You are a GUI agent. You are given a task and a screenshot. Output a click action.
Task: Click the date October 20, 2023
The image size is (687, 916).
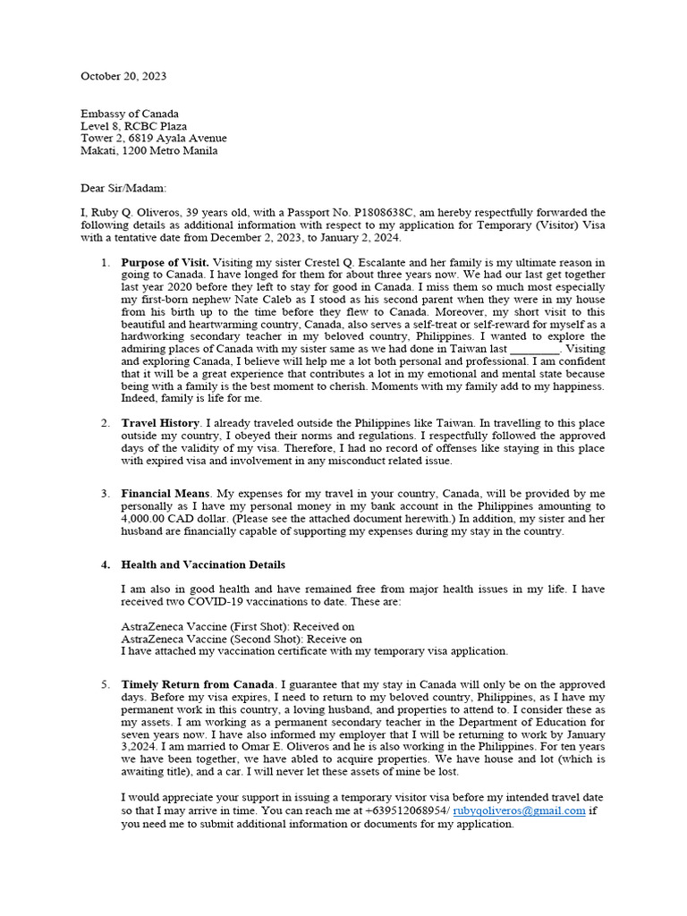click(123, 77)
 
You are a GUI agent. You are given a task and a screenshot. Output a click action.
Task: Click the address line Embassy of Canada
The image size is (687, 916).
click(130, 114)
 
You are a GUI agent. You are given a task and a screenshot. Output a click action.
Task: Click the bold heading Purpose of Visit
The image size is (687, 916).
click(165, 262)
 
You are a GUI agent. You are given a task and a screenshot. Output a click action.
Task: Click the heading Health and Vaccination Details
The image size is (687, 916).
click(203, 564)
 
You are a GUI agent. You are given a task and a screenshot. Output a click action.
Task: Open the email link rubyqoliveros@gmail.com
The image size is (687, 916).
click(519, 810)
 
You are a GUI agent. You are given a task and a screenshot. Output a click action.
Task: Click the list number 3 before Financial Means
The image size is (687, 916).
click(104, 494)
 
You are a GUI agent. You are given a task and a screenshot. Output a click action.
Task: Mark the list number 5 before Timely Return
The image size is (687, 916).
click(104, 684)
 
